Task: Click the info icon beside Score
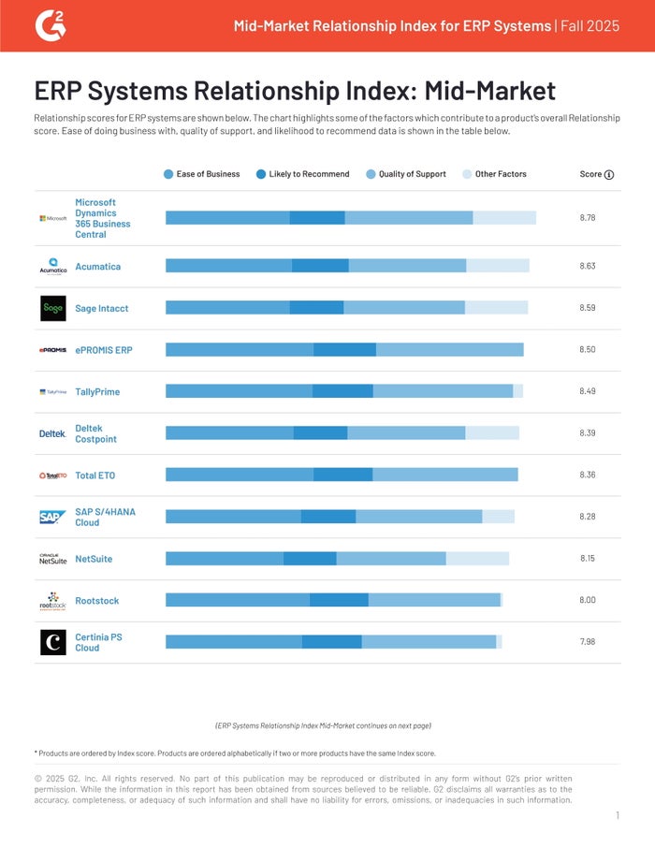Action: pos(609,174)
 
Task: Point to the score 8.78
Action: pos(588,217)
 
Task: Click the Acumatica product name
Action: pos(97,267)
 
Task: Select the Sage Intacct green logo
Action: pos(53,308)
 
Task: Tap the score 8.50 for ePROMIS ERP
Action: pos(588,350)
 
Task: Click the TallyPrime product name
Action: pos(97,392)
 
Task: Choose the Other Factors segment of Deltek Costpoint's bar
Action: pos(492,433)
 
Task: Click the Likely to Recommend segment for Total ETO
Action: pos(342,475)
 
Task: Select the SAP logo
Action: pos(53,517)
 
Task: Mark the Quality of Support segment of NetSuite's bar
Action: pos(391,559)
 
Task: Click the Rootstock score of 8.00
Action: pos(588,601)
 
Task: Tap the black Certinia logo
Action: pos(53,642)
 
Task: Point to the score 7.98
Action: pos(588,642)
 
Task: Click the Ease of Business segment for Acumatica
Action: pos(228,266)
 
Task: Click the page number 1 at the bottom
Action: pos(618,816)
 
